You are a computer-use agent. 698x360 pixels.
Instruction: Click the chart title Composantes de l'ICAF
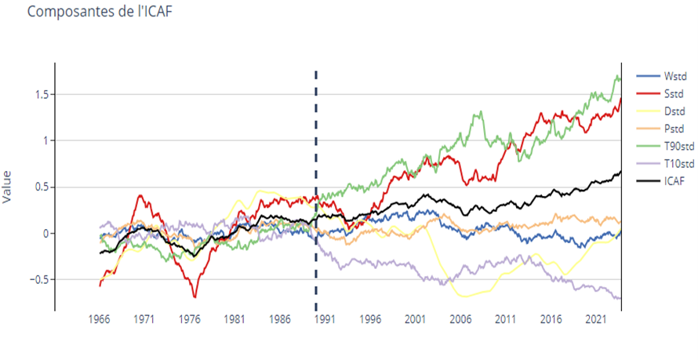93,13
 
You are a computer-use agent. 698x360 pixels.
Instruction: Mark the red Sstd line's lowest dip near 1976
194,296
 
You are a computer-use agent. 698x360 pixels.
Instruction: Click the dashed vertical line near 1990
316,196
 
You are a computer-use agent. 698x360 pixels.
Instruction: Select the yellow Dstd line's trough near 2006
464,296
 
